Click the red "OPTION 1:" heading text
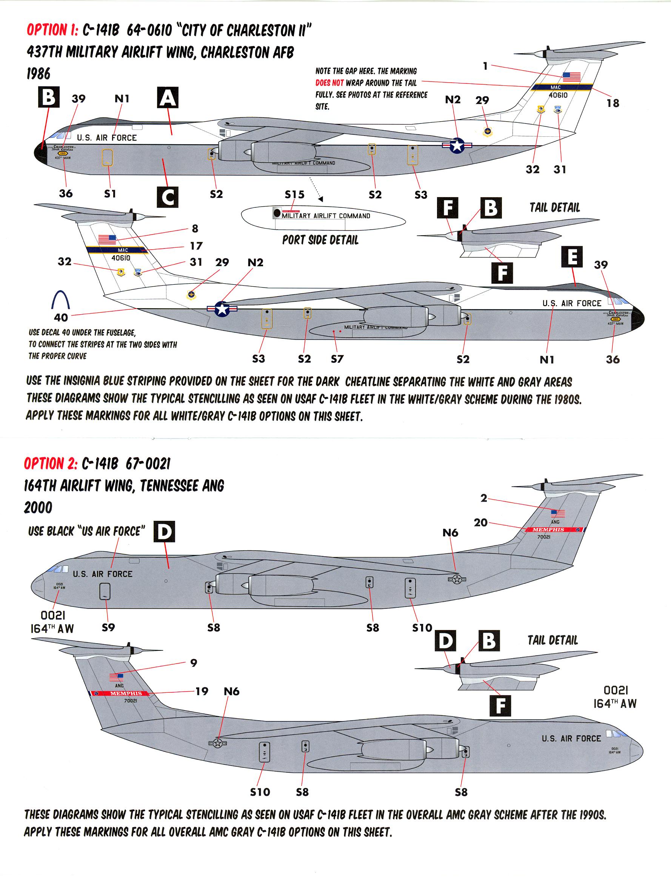point(52,30)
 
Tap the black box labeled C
point(168,197)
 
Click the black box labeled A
point(167,98)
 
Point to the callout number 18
point(613,103)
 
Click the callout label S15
point(294,195)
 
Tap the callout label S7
point(337,359)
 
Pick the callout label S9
point(108,628)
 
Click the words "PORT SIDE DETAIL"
point(320,240)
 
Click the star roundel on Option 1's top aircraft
point(457,145)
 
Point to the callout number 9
point(194,663)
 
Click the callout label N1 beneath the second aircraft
point(546,360)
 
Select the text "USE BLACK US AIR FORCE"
point(86,531)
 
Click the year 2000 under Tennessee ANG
point(38,508)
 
